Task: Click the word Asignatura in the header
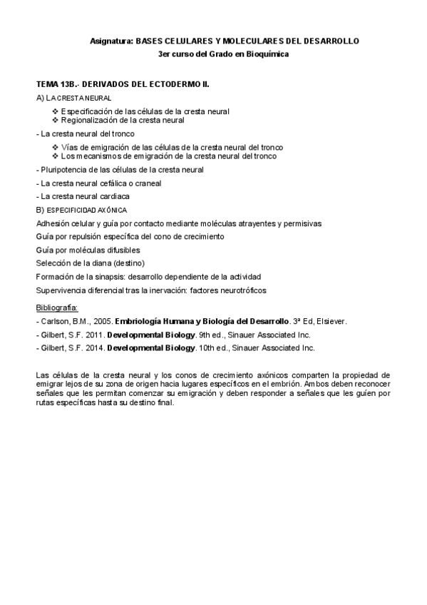pos(112,42)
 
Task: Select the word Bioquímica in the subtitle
pos(267,55)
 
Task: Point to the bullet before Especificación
pos(56,111)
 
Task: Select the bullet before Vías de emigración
pos(56,147)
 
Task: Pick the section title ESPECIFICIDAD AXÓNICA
pos(87,210)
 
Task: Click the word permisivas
pos(303,223)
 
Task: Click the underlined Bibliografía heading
pos(56,307)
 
